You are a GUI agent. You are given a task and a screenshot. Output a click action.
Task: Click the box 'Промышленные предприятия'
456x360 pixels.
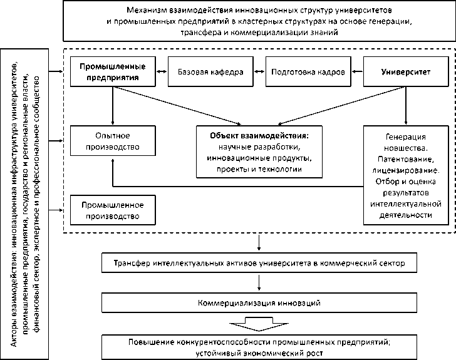coord(112,72)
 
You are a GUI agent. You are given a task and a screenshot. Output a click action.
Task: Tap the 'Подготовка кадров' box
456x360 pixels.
coord(308,72)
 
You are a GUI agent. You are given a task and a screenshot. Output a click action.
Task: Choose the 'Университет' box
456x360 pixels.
coord(406,72)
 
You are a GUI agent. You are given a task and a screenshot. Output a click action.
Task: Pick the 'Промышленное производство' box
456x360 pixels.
coord(112,210)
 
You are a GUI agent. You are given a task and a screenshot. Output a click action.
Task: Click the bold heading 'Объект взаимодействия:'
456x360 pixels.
coord(259,135)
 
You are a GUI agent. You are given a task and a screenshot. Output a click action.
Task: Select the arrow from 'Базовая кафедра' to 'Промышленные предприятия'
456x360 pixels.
coord(162,72)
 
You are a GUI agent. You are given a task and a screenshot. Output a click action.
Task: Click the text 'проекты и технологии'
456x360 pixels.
coord(259,169)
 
